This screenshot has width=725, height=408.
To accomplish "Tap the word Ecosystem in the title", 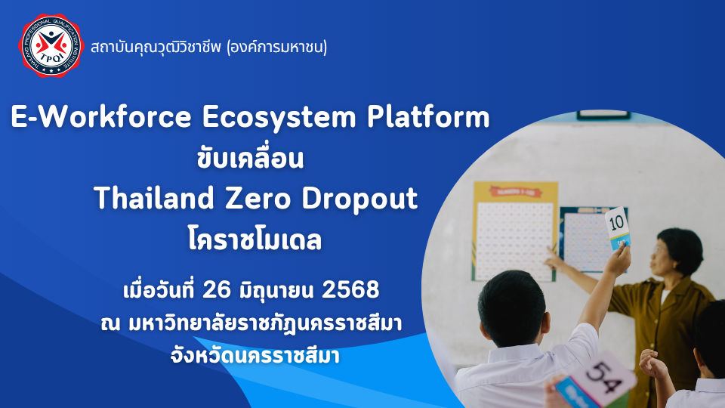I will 276,119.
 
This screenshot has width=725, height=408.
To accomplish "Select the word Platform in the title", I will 428,119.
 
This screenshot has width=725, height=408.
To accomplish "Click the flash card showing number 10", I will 618,227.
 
